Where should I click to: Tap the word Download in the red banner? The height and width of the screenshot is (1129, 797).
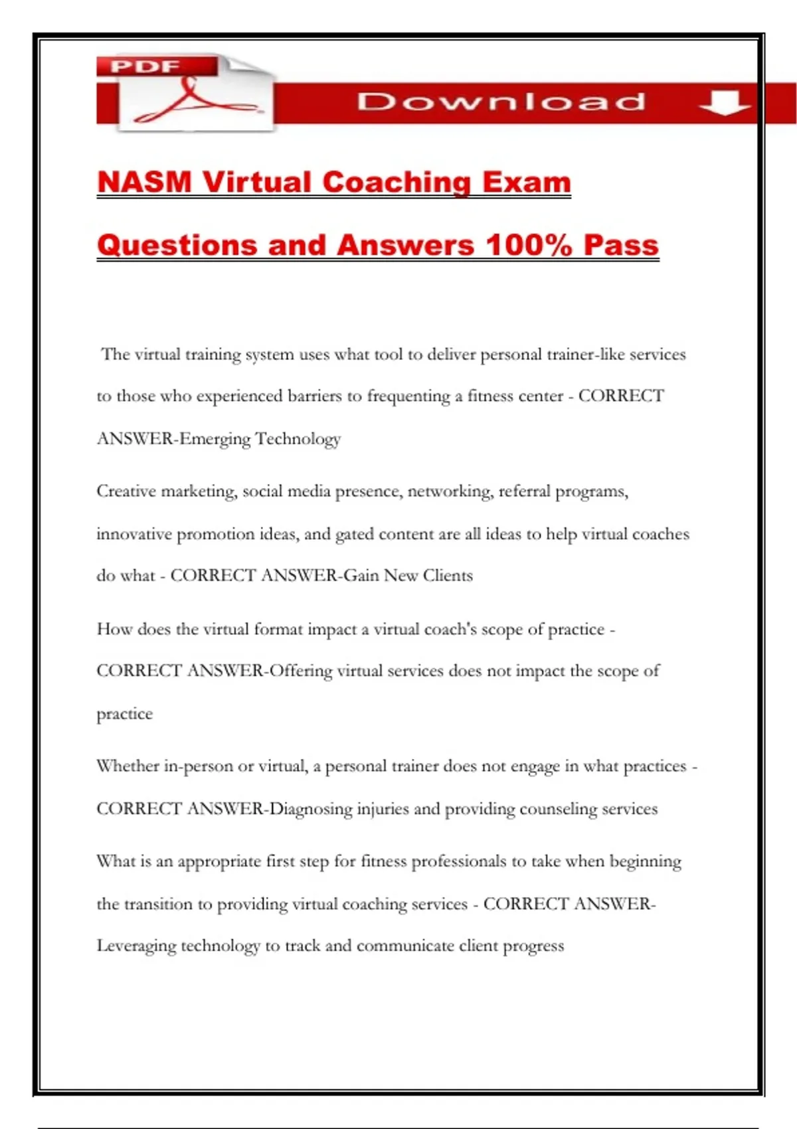(x=501, y=102)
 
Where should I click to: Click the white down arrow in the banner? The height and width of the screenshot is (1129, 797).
(x=725, y=102)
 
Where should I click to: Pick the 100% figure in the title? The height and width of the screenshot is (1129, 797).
(x=529, y=245)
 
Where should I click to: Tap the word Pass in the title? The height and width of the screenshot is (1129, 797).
(x=621, y=245)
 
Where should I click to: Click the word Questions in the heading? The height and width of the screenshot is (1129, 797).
(x=177, y=245)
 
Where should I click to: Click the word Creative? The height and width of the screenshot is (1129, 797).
(x=126, y=491)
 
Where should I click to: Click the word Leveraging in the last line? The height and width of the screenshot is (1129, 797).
(x=135, y=946)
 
